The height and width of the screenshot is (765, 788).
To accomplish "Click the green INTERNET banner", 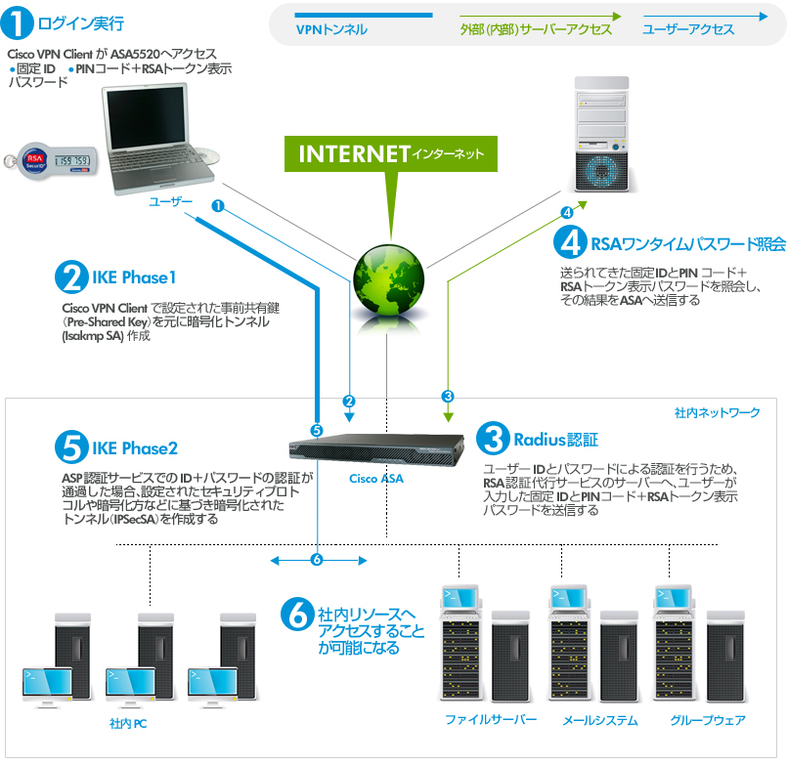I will [390, 154].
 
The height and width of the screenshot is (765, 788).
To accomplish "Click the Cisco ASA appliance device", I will [375, 446].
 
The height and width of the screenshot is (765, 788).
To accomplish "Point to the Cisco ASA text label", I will [376, 479].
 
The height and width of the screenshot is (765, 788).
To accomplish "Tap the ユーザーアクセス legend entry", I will [688, 29].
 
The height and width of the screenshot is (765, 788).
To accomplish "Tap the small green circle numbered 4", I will [566, 212].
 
